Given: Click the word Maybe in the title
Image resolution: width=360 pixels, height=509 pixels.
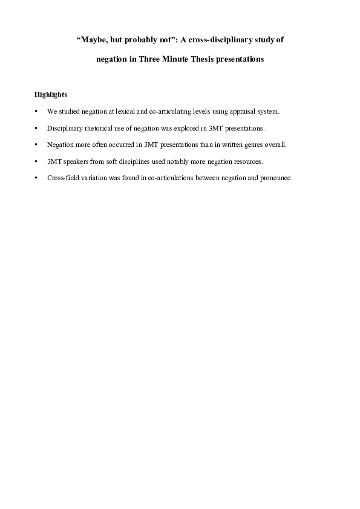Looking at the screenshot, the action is [93, 41].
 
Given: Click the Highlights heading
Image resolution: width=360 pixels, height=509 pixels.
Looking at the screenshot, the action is [51, 94].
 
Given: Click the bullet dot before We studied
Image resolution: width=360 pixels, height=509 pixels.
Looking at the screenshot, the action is [37, 112].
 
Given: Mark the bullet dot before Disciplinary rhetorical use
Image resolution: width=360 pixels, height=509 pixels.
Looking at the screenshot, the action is [37, 129].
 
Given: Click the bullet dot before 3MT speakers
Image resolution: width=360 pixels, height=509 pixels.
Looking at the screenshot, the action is [37, 162].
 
